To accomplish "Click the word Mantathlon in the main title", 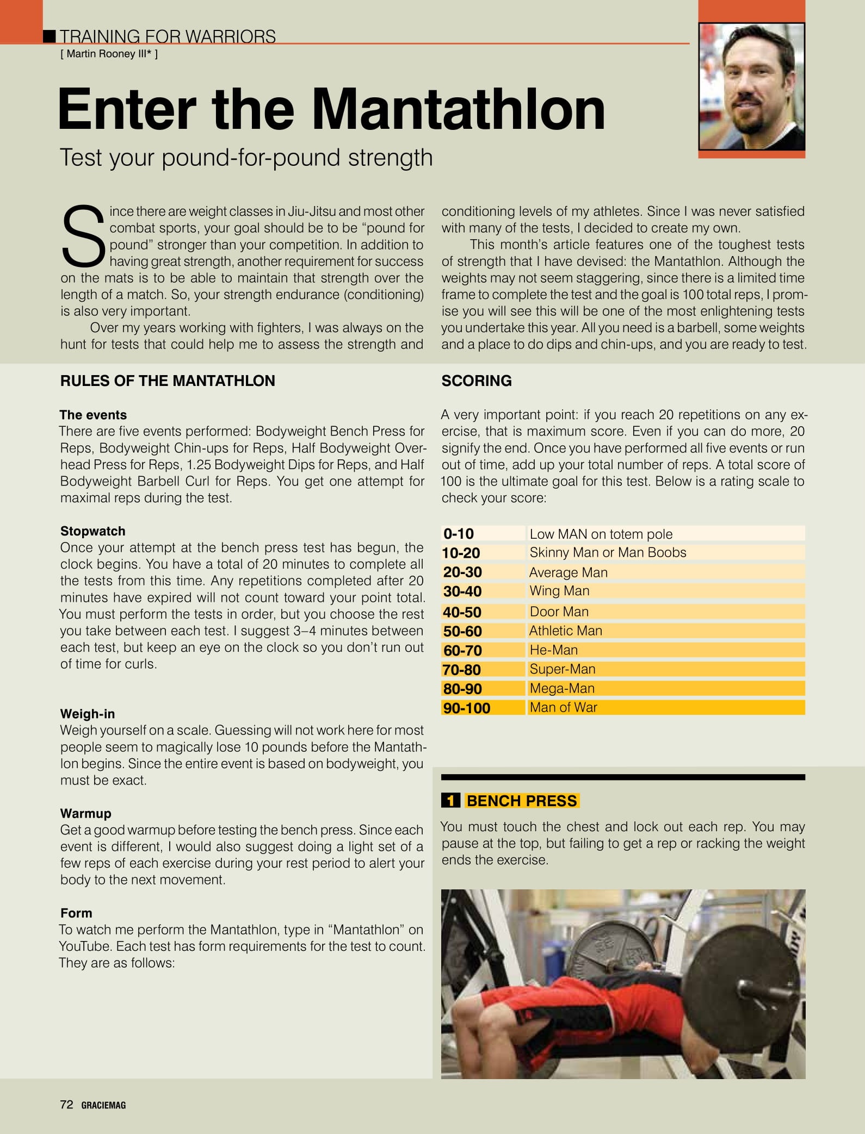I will tap(458, 109).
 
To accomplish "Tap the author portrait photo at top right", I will tap(751, 86).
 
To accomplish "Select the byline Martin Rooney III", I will tap(109, 54).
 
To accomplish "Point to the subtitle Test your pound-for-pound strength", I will tap(246, 158).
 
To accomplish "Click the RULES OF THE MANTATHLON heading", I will tap(168, 381).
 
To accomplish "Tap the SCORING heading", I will tap(477, 381).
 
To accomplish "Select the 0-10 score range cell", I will tap(459, 533).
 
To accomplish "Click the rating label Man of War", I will tap(563, 707).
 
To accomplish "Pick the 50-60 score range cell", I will tap(462, 631).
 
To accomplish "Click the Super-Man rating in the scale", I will tap(563, 669).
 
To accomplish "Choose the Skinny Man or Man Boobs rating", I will tap(608, 552).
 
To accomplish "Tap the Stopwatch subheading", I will tap(93, 531).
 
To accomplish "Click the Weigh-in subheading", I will tap(88, 714).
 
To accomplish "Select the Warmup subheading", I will tap(86, 813).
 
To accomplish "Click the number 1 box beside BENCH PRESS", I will tap(450, 801).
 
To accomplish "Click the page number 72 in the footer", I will tap(66, 1104).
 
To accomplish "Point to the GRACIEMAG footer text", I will tap(103, 1105).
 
